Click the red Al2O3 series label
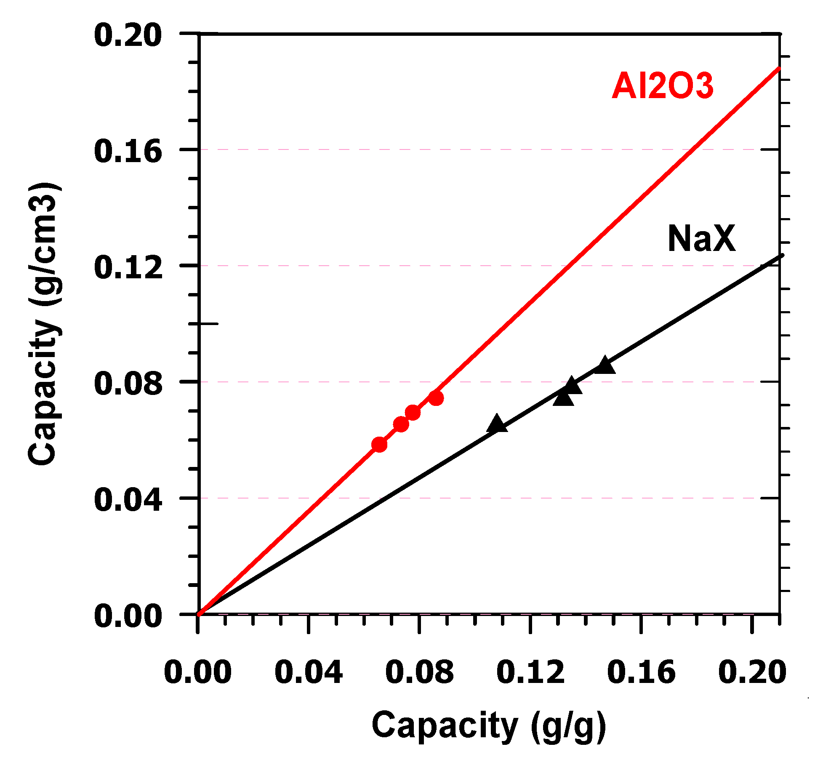(x=662, y=86)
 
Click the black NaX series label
(x=701, y=239)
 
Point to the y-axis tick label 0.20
(x=128, y=35)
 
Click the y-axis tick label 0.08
(x=128, y=384)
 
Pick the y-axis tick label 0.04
(x=128, y=500)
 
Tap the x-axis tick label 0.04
(x=308, y=672)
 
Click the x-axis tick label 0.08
(x=419, y=672)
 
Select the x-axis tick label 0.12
(x=530, y=672)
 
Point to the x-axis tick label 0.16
(x=641, y=672)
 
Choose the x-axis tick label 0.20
(x=752, y=672)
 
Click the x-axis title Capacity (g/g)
(x=488, y=725)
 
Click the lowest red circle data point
(x=379, y=444)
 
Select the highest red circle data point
(x=436, y=398)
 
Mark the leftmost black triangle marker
(x=497, y=424)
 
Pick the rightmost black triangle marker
(x=605, y=365)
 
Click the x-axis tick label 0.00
(x=197, y=672)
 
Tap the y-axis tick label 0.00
(x=128, y=616)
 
